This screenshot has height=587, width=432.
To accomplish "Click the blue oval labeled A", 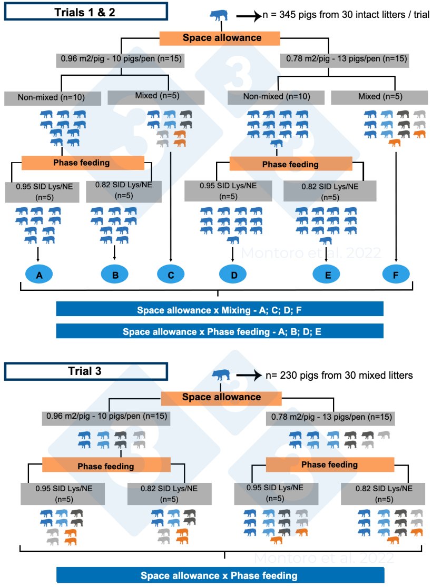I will coord(38,274).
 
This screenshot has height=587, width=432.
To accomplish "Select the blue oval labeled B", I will coord(115,274).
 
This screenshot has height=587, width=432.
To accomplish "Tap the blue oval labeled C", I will coord(171,274).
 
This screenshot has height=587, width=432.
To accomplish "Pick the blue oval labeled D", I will coord(233,274).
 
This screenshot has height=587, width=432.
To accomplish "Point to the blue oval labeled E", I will coord(327,274).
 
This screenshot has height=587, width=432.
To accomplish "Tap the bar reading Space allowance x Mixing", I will coord(219,309).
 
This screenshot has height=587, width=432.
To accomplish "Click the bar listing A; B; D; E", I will coord(219,331).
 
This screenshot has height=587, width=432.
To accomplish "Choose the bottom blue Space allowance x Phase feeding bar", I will coord(219,575).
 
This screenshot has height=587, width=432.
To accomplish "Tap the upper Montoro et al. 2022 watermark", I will coord(311,253).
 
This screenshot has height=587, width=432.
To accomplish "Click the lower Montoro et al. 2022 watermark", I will coord(323,558).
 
